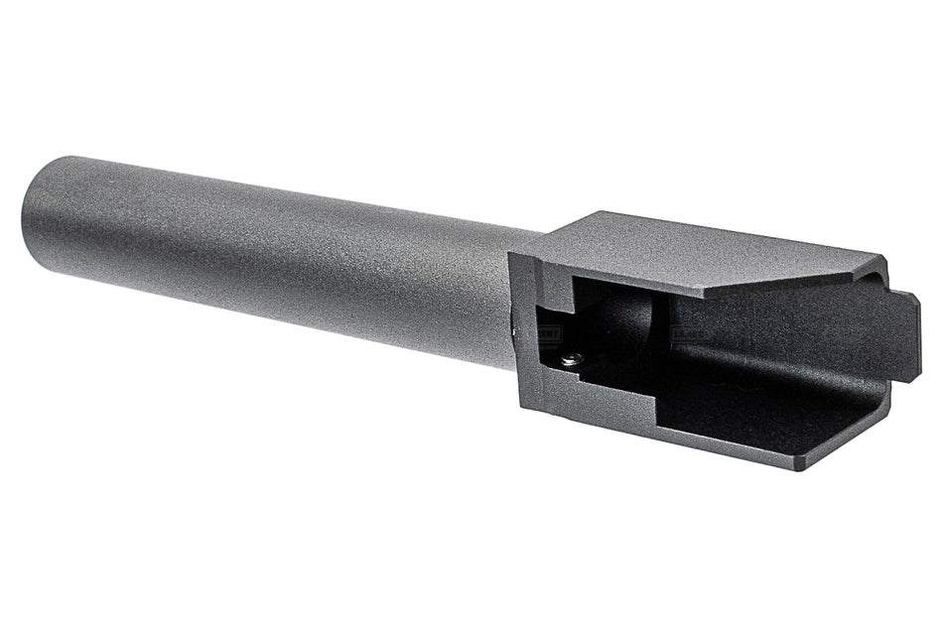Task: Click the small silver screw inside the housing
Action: point(570,360)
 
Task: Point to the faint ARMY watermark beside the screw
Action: point(548,334)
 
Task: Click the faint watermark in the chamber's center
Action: point(689,335)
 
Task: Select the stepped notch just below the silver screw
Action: point(586,382)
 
